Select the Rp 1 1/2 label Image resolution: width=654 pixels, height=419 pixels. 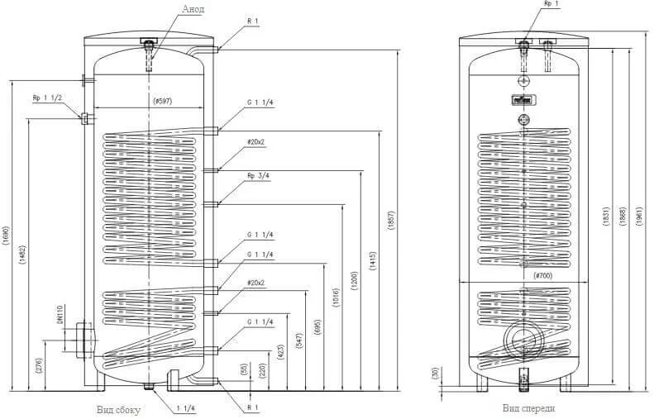47,98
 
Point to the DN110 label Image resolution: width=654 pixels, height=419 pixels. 61,317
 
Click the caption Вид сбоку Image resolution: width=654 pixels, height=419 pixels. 118,410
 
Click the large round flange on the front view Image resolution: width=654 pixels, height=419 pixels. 523,336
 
